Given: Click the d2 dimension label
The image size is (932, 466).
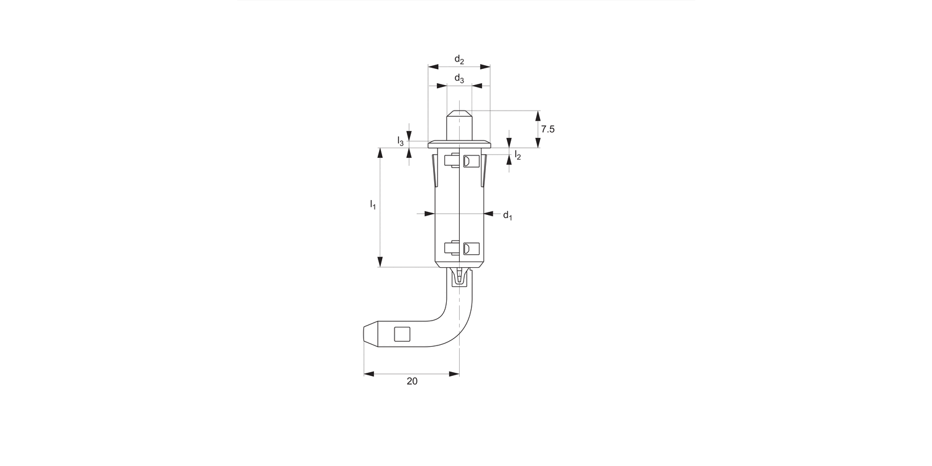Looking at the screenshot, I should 459,59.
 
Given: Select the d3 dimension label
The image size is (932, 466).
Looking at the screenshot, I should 459,78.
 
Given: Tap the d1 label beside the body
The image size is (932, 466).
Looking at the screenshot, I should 507,215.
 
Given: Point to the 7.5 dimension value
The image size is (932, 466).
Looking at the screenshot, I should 547,129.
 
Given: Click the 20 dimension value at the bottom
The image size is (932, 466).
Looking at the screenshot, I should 412,381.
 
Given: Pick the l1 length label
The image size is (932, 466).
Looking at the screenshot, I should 373,204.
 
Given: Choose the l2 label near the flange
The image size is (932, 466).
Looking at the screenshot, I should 517,155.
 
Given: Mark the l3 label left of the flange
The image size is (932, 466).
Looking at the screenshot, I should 401,142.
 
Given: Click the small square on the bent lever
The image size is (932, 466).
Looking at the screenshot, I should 402,334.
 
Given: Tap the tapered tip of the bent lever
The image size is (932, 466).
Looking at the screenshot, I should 370,334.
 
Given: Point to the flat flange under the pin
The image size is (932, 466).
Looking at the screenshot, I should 459,144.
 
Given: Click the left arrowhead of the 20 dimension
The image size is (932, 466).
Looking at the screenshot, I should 368,373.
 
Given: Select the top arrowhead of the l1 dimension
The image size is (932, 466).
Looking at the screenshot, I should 380,152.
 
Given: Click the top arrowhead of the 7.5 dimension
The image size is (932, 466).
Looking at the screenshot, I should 538,115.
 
